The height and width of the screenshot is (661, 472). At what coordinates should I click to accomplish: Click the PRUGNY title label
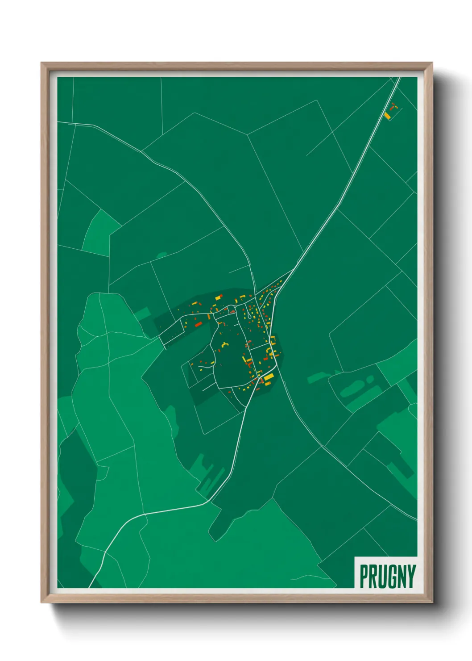[387, 576]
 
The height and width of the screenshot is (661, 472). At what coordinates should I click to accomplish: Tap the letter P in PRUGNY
[364, 577]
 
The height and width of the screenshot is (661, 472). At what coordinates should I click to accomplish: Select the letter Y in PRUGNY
[411, 577]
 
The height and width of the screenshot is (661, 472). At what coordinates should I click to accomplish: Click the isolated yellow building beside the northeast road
[387, 115]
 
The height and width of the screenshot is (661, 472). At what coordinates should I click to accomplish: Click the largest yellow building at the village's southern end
[268, 378]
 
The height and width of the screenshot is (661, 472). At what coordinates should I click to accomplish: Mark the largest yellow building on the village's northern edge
[218, 297]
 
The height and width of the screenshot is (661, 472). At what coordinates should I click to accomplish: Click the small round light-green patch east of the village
[370, 379]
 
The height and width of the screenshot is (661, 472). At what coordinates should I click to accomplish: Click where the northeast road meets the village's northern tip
[292, 269]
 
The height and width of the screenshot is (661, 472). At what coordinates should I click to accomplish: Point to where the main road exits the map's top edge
[398, 78]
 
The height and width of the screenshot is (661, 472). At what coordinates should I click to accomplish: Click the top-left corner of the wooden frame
[42, 63]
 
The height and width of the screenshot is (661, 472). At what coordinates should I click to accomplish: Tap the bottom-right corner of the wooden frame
[432, 602]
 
